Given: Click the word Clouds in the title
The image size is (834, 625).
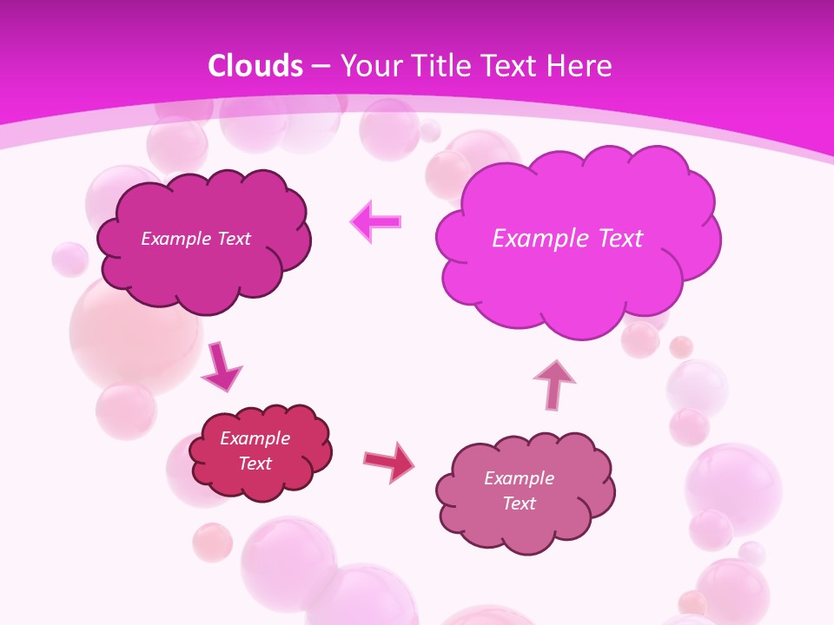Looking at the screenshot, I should click(255, 66).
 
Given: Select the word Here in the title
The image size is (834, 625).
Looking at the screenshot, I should click(581, 66).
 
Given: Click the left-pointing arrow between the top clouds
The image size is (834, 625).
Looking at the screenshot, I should click(376, 222).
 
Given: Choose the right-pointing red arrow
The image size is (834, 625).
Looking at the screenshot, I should click(389, 461).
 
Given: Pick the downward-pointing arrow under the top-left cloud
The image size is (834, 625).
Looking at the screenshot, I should click(222, 367).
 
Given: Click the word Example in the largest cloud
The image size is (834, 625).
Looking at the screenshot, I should click(539, 239).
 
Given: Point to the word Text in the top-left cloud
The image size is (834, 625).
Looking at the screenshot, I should click(234, 239).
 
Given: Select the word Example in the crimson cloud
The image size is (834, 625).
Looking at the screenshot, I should click(255, 438).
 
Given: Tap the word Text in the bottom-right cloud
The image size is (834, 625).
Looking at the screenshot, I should click(519, 503).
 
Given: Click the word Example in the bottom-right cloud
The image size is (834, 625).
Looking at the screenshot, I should click(519, 478).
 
